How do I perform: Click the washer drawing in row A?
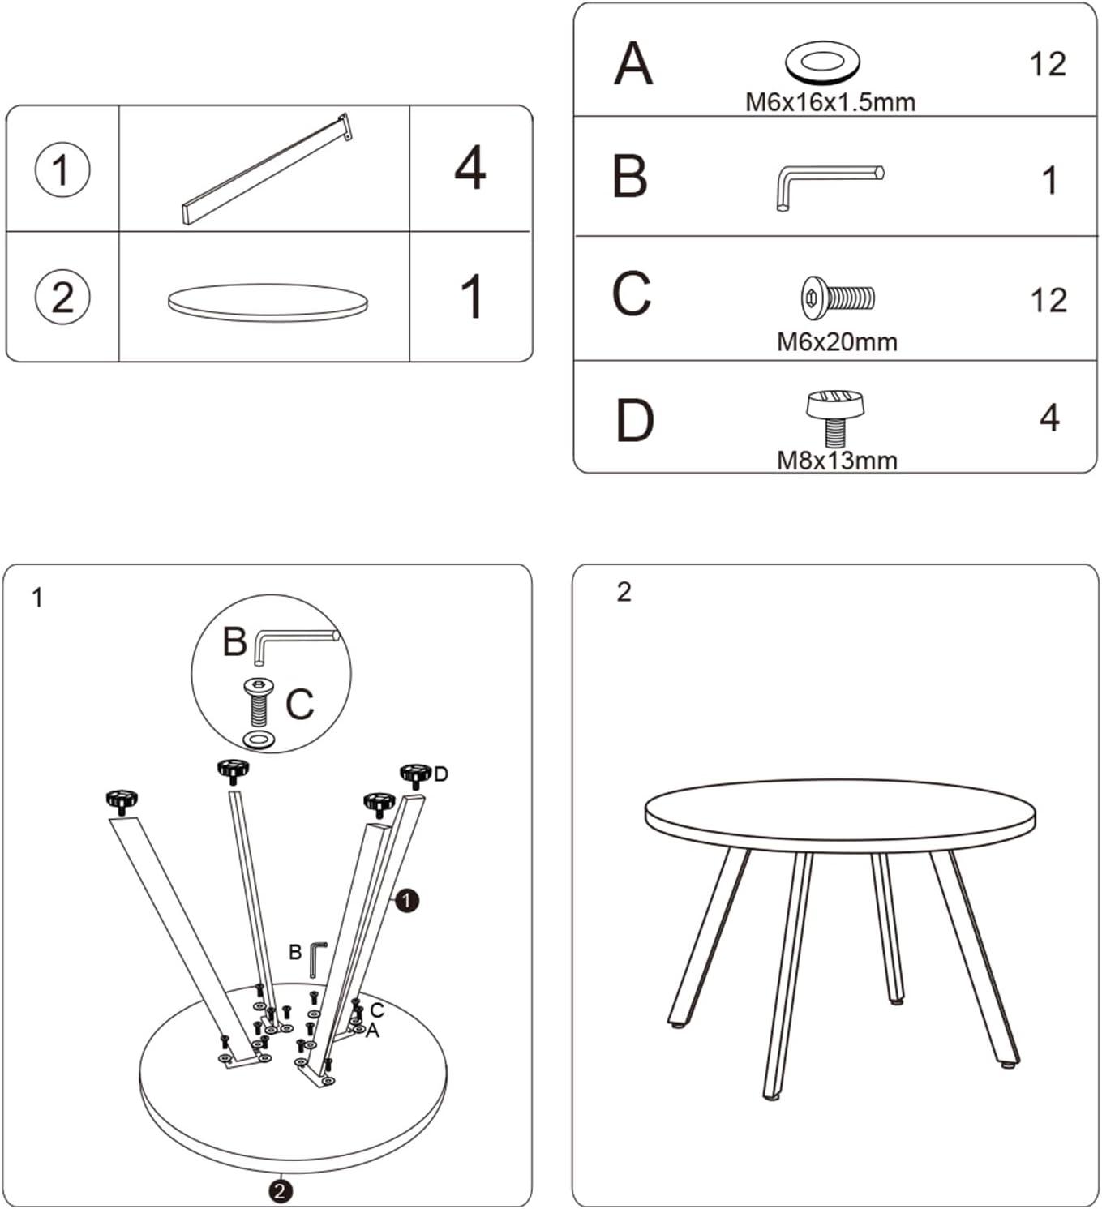(x=822, y=60)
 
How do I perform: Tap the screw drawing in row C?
(x=838, y=297)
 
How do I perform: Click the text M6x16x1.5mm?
(x=830, y=102)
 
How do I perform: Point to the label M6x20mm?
(x=837, y=342)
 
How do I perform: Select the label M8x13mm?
(x=837, y=461)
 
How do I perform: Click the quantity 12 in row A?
(x=1048, y=64)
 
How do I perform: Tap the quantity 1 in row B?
(x=1050, y=181)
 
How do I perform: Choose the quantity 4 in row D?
(x=1049, y=418)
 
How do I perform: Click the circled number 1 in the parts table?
(x=62, y=169)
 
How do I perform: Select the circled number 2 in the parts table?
(x=62, y=297)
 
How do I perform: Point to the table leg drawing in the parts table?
(x=267, y=169)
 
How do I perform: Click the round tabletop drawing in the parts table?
(x=268, y=302)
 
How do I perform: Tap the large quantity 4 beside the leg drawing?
(x=470, y=167)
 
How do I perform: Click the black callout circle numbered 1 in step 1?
(x=407, y=901)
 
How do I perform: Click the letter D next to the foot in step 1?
(x=440, y=774)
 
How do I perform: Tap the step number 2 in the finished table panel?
(x=624, y=593)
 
